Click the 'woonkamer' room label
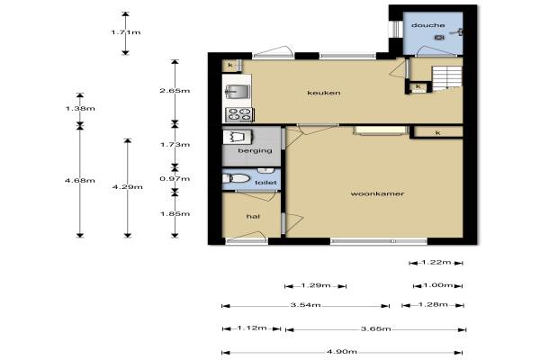point(377,193)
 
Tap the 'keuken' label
point(324,93)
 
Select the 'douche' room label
point(427,25)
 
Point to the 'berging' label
point(255,151)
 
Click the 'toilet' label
point(265,183)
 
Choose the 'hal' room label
point(253,216)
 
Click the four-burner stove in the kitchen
point(239,114)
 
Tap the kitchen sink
point(238,92)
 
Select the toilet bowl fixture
point(236,178)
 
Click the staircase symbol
point(447,78)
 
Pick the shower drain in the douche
point(439,37)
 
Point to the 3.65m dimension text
point(375,328)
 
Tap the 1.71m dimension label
point(126,32)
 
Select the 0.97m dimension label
point(175,179)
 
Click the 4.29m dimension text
point(128,187)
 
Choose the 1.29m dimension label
point(316,285)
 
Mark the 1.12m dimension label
point(252,328)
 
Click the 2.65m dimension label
point(175,91)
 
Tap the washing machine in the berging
point(238,137)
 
